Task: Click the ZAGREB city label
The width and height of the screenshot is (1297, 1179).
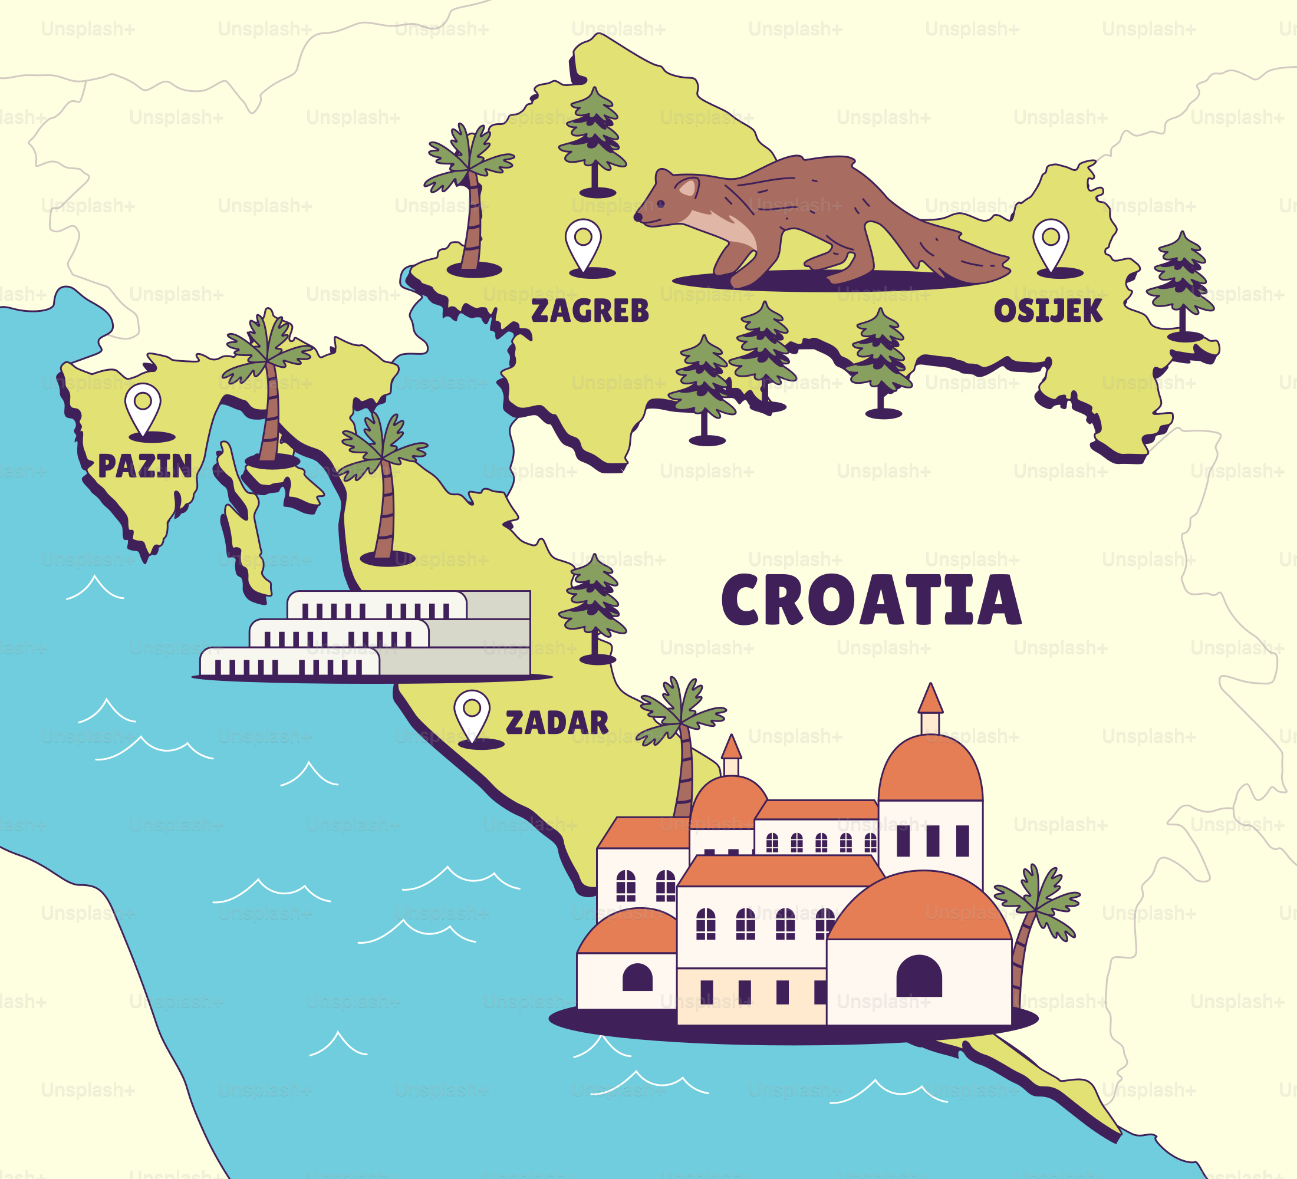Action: [x=590, y=311]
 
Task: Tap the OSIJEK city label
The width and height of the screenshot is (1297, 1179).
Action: [x=1048, y=311]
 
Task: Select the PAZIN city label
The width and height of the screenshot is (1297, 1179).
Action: [x=145, y=466]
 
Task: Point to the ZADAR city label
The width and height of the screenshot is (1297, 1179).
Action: [x=557, y=723]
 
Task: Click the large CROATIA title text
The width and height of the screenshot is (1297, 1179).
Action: [x=871, y=600]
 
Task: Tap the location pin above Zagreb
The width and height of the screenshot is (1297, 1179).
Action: [x=583, y=242]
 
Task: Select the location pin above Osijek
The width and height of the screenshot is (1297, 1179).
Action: [x=1051, y=242]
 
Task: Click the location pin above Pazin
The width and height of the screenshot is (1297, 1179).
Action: [x=142, y=407]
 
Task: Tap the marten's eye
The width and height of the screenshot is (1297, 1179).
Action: [x=661, y=204]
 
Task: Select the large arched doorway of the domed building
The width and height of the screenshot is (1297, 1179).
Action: [x=919, y=976]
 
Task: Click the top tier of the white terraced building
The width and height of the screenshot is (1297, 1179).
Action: [x=376, y=605]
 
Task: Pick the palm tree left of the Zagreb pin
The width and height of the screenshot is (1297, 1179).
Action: [x=472, y=193]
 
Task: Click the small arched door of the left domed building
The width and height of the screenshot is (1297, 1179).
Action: [x=637, y=977]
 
